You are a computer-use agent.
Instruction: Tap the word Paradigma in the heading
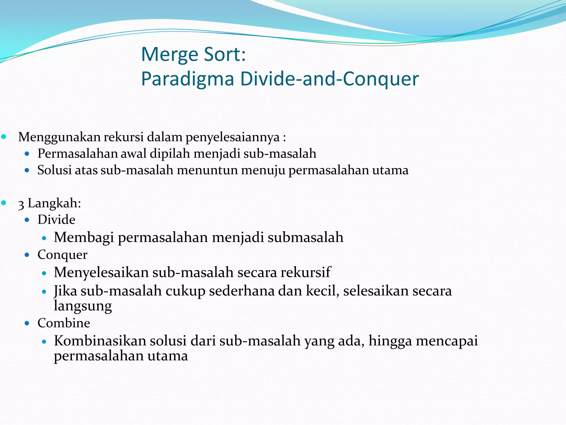[188, 79]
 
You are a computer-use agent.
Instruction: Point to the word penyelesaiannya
[233, 137]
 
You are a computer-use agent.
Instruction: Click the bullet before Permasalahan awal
[27, 154]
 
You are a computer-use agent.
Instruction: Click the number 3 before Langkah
[21, 204]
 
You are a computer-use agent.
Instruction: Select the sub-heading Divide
[56, 220]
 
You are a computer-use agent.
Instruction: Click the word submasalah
[305, 237]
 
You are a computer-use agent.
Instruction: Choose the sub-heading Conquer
[62, 255]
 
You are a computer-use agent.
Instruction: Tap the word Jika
[65, 291]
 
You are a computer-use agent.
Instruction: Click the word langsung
[83, 306]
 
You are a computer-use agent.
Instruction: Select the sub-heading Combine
[64, 323]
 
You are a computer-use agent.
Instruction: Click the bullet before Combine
[27, 323]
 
